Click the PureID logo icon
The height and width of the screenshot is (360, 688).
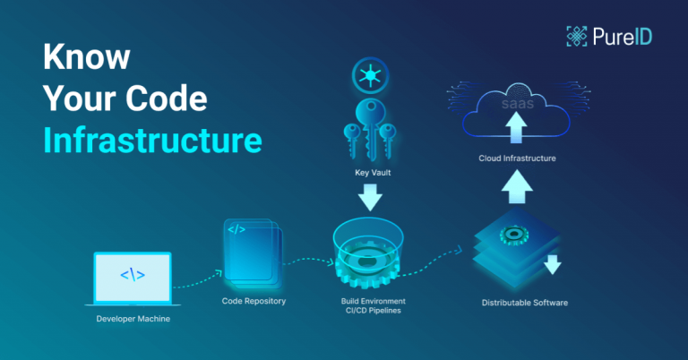click(576, 36)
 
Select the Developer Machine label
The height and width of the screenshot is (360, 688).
click(132, 319)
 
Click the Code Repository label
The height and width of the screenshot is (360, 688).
click(254, 302)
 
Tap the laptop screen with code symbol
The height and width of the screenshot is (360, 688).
click(133, 276)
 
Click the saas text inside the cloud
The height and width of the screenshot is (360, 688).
click(516, 105)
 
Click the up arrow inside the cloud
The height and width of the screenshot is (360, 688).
click(515, 130)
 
